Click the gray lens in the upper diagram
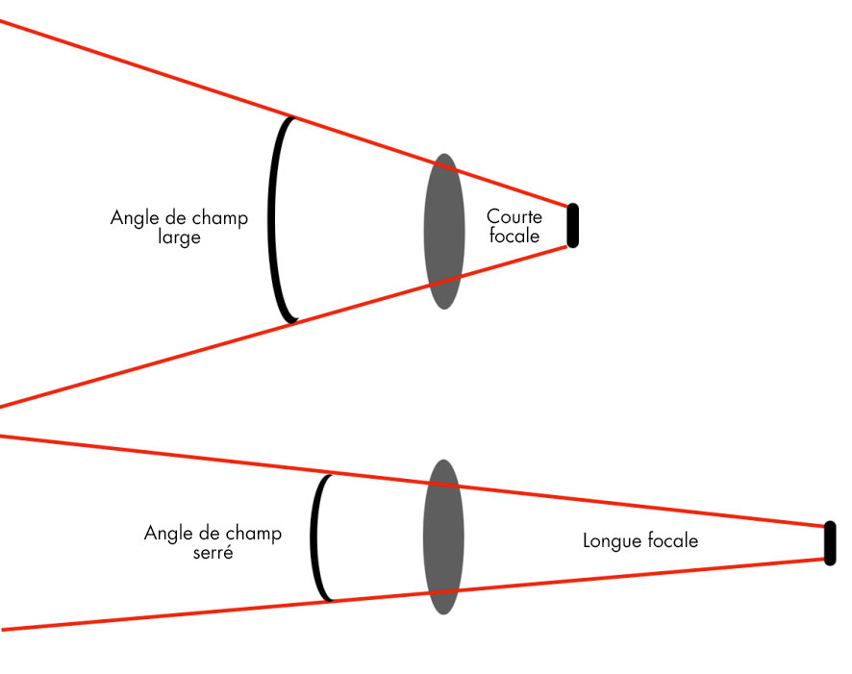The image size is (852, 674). (x=443, y=231)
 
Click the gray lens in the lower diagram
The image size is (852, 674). (x=443, y=537)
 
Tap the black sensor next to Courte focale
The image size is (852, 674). (x=572, y=226)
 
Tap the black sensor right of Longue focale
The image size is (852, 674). (x=830, y=543)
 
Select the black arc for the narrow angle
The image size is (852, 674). (x=314, y=537)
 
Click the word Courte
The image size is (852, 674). (x=514, y=217)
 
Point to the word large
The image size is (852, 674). (x=179, y=237)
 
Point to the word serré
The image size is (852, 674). (x=213, y=553)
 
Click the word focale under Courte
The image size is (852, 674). (x=514, y=236)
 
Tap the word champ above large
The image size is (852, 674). (x=220, y=218)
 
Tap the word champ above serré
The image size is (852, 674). (x=254, y=534)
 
